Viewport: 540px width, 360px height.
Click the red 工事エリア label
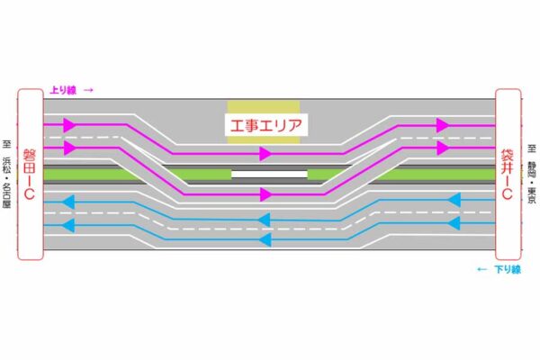tap(264, 124)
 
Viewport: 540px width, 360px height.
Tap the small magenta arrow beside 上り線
tap(88, 89)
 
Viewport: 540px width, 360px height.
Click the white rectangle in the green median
tap(268, 173)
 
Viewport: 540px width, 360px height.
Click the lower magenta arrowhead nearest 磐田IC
tap(71, 148)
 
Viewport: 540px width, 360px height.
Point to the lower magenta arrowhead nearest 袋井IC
tap(442, 146)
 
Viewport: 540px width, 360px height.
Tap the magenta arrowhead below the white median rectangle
tap(265, 193)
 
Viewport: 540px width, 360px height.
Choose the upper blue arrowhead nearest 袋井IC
tap(454, 199)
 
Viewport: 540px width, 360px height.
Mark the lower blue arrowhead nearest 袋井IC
tap(454, 222)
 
